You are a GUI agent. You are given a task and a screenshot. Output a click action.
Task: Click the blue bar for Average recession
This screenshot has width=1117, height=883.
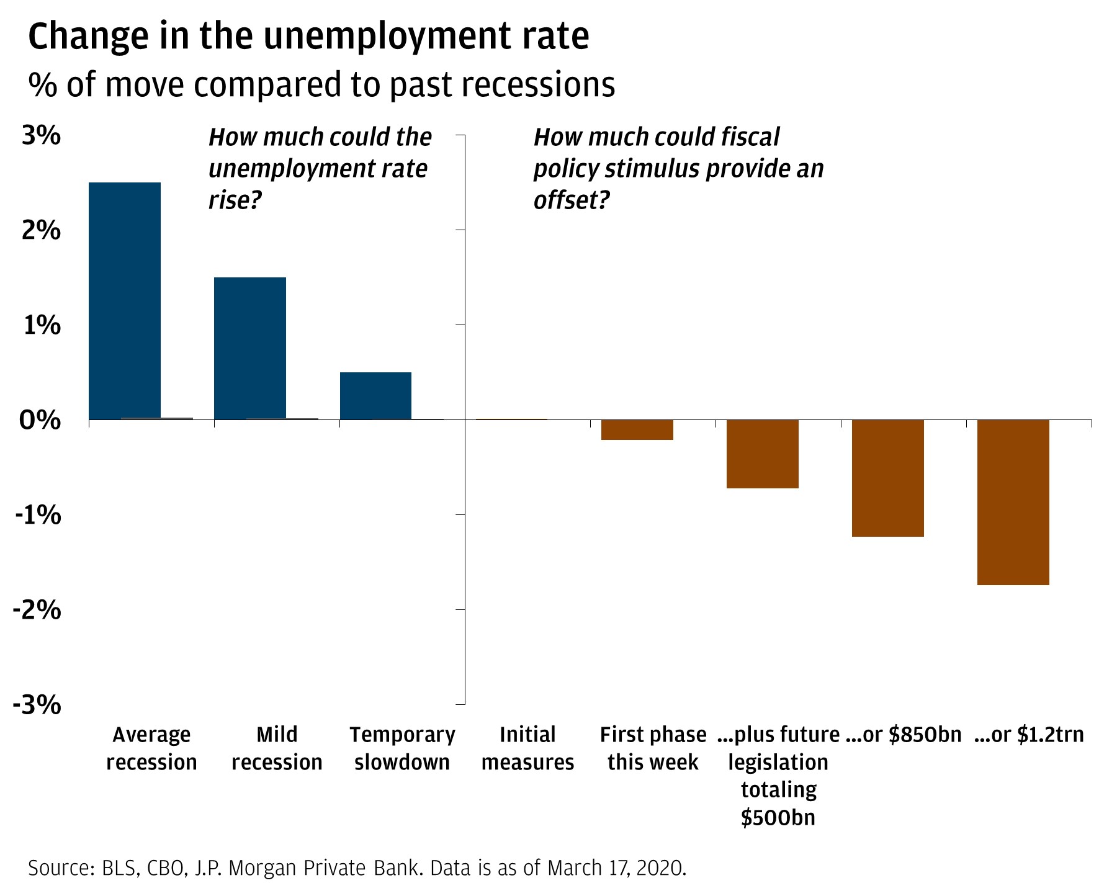(x=125, y=301)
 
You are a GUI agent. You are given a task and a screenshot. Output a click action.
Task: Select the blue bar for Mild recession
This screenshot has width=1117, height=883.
(x=250, y=348)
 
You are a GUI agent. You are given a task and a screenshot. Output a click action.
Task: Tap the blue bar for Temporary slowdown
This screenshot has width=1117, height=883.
(x=375, y=396)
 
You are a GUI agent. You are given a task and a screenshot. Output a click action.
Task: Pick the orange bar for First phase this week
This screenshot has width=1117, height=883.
(x=637, y=430)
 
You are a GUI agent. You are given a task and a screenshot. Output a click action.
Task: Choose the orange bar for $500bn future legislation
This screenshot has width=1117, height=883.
(x=763, y=454)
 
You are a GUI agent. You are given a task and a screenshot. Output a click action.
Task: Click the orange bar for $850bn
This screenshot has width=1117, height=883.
(x=888, y=478)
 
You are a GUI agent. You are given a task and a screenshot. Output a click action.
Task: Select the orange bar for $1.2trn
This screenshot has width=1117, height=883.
(x=1013, y=502)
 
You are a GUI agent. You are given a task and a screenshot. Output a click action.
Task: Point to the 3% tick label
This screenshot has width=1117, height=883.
(x=42, y=136)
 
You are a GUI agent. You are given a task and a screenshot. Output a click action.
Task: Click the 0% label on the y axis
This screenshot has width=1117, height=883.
(x=40, y=420)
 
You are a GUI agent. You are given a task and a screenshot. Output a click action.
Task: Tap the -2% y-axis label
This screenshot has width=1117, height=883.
(x=37, y=610)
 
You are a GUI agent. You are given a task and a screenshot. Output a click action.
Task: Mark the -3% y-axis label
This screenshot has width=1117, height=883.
(x=37, y=705)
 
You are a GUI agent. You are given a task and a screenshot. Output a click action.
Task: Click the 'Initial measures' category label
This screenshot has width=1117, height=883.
(x=527, y=748)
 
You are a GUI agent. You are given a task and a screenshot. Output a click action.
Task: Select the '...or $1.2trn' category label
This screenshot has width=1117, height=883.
(x=1029, y=735)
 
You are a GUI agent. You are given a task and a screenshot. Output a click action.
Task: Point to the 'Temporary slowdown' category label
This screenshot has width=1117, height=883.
(x=402, y=748)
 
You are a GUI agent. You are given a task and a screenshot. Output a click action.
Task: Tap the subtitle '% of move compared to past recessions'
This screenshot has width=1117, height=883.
(x=321, y=85)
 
